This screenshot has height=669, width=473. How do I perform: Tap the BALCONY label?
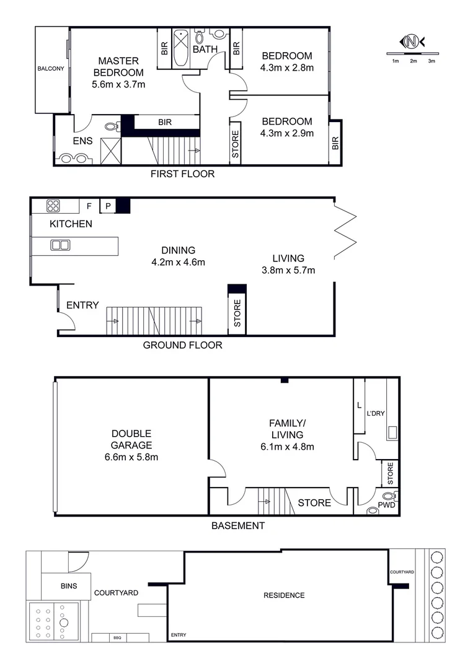click(x=50, y=69)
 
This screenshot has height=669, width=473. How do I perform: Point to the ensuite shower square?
click(x=110, y=151)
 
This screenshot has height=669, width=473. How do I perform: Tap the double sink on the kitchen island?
click(x=60, y=245)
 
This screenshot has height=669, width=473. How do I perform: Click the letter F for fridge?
click(x=89, y=206)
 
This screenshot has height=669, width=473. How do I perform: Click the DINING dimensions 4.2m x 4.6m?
click(x=179, y=262)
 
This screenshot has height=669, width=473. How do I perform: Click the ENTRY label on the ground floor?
click(x=82, y=305)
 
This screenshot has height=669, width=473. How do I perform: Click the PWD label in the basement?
click(x=387, y=505)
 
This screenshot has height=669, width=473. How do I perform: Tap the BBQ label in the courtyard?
click(x=117, y=637)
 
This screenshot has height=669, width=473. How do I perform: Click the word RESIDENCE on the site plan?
click(x=284, y=595)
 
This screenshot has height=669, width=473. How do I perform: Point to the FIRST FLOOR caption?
click(x=182, y=174)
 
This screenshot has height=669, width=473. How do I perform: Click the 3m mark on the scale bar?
click(x=431, y=61)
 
